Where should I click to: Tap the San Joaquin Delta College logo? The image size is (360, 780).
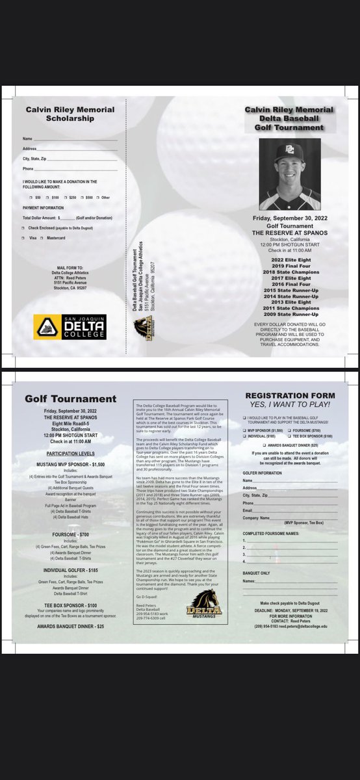click(x=70, y=327)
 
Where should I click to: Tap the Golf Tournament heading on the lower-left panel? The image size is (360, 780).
click(x=71, y=398)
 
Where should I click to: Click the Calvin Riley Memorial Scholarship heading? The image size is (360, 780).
click(x=70, y=114)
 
